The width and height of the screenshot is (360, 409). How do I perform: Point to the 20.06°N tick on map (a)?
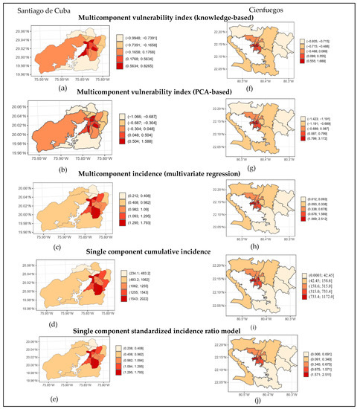(x=22, y=32)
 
